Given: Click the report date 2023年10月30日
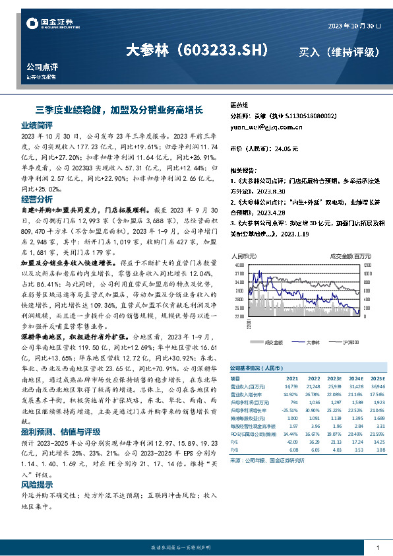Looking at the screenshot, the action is (x=354, y=25).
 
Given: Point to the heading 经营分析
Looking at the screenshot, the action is (x=37, y=199).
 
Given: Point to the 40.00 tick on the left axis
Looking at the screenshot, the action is (x=239, y=264).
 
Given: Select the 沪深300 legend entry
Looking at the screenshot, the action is (x=351, y=342).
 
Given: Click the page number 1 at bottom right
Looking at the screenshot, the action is (x=377, y=548).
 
